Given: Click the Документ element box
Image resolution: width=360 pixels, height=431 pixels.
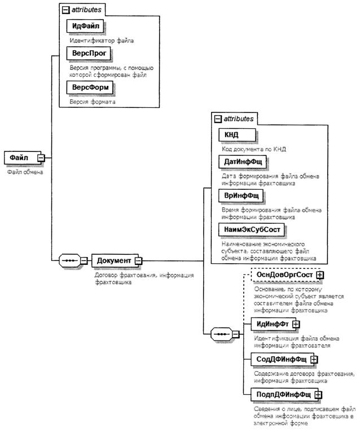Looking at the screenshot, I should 113,260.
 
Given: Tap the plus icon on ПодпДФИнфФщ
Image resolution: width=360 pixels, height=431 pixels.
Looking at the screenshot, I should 318,394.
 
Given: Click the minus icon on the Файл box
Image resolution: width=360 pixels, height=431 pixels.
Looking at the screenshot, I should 41,158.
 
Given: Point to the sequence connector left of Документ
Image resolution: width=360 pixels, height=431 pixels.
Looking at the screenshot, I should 69,260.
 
